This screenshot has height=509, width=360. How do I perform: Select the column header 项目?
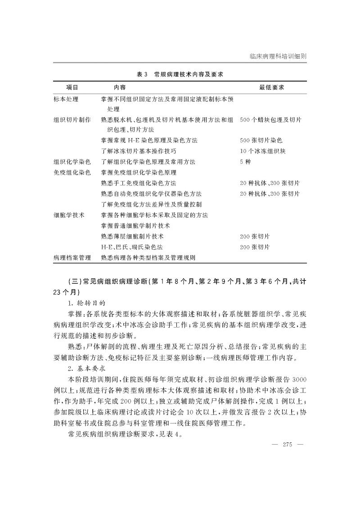(72, 87)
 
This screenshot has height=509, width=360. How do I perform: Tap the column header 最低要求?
(271, 87)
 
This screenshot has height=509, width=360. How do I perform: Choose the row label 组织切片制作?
(72, 120)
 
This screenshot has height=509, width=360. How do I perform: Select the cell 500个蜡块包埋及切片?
(271, 120)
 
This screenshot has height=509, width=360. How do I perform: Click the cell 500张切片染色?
(261, 140)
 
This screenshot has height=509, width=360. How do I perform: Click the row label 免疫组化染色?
(72, 172)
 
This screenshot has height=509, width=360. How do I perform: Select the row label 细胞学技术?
(69, 215)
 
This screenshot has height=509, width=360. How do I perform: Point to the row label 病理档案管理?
(72, 258)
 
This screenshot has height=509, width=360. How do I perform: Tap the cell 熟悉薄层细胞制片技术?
(132, 236)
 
